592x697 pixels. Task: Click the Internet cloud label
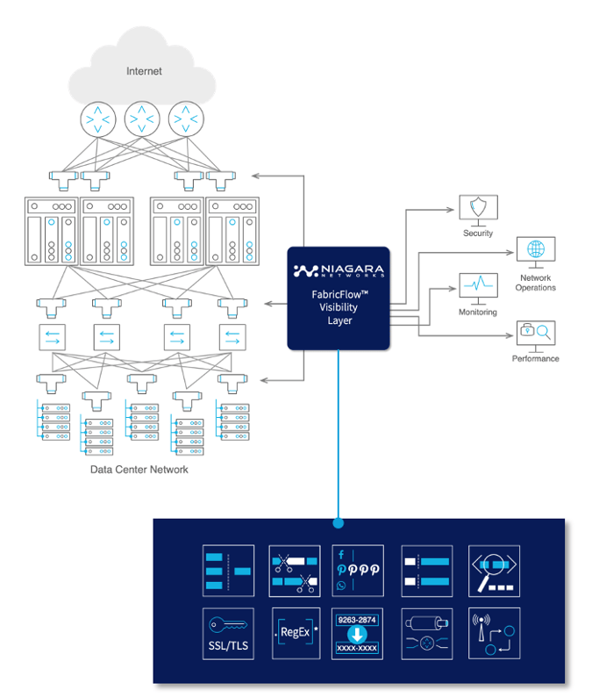[144, 71]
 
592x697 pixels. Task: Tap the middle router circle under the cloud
[143, 118]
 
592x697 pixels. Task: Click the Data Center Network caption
[139, 470]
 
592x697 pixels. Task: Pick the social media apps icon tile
[357, 571]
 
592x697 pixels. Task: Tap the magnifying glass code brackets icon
[494, 571]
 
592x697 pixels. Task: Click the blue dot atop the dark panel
[339, 525]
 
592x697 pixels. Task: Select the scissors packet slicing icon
[296, 571]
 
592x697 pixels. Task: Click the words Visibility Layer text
[339, 314]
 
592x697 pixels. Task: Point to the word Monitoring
[477, 313]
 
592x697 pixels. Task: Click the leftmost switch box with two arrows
[52, 336]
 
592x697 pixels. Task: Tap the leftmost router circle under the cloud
[96, 118]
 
